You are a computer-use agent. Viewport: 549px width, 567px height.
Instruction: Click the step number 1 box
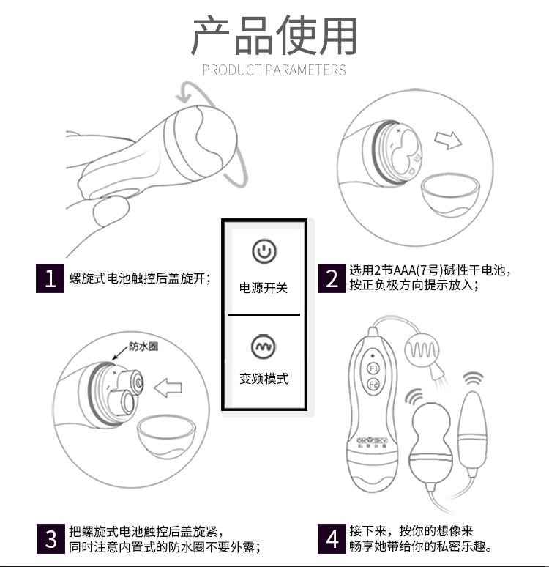[x=51, y=278]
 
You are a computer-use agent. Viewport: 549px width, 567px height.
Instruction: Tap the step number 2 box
[x=332, y=278]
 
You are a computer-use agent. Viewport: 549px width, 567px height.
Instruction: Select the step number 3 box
[x=51, y=538]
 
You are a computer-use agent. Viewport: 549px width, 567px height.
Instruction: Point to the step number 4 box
[x=332, y=538]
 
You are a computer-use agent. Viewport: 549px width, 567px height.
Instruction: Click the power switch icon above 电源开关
[x=264, y=251]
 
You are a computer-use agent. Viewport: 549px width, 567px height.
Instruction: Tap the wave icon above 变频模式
[x=264, y=346]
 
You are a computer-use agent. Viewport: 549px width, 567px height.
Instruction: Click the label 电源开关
[x=264, y=288]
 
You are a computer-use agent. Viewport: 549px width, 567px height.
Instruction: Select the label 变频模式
[x=264, y=379]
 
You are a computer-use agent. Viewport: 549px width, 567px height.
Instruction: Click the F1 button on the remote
[x=373, y=368]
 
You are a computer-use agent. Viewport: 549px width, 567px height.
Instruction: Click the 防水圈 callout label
[x=143, y=346]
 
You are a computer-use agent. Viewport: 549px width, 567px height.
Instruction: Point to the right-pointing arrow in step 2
[x=448, y=140]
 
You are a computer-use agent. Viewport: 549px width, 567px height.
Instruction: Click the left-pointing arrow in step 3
[x=168, y=388]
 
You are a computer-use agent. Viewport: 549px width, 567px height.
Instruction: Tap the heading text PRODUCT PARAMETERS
[x=274, y=70]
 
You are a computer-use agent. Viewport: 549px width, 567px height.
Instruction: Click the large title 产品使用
[x=274, y=35]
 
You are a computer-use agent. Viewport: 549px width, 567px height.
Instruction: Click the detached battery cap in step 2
[x=450, y=195]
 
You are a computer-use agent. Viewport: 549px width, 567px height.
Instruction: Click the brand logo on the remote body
[x=372, y=442]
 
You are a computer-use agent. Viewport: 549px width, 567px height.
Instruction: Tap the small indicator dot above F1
[x=373, y=355]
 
